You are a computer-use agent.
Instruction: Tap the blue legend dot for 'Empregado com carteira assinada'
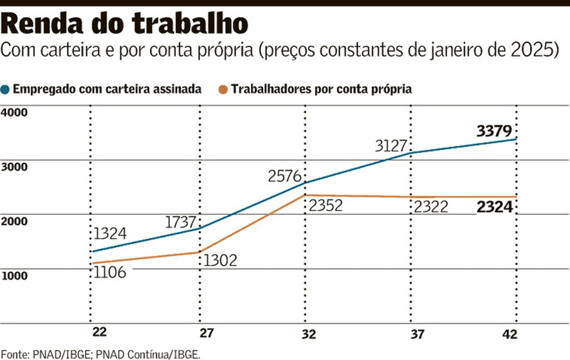click(x=6, y=89)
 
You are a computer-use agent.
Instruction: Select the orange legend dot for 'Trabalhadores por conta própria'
click(x=223, y=89)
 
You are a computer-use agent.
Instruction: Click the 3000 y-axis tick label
click(x=15, y=166)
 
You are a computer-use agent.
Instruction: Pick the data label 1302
click(x=221, y=260)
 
